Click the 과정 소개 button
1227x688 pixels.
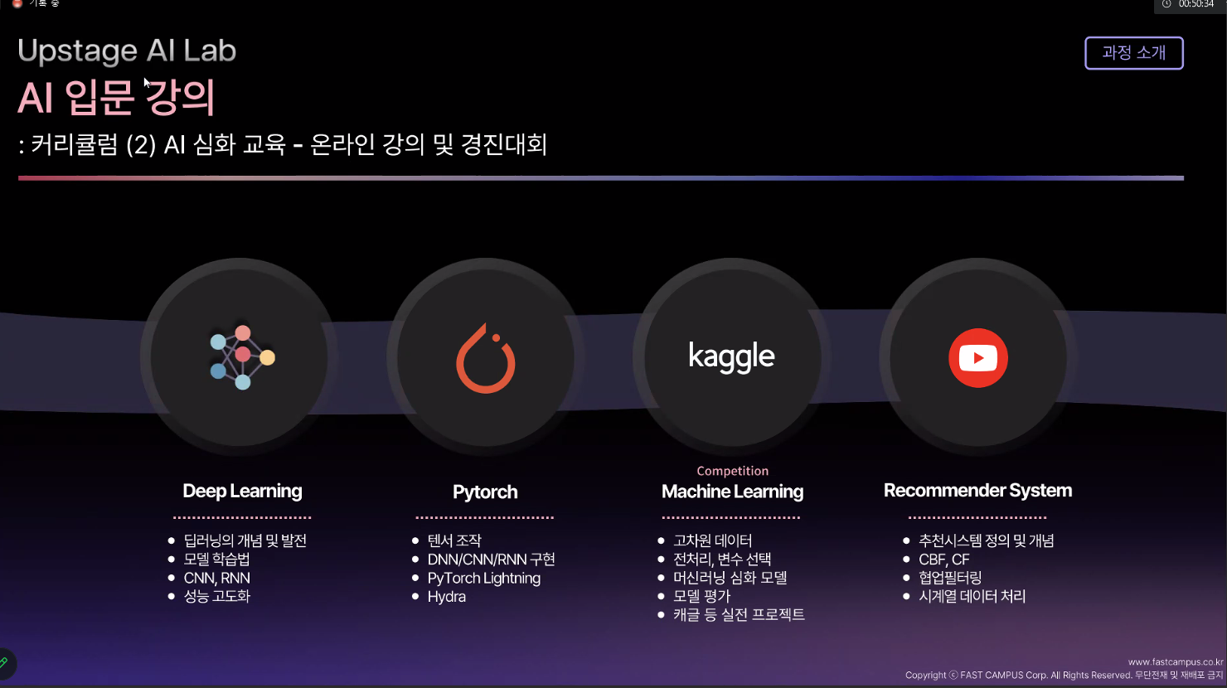point(1133,53)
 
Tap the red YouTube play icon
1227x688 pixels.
point(978,358)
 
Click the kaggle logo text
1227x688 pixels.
point(731,356)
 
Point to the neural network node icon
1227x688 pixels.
point(242,356)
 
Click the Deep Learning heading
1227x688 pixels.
point(242,491)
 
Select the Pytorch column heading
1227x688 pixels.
point(485,492)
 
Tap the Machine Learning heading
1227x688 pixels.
point(732,492)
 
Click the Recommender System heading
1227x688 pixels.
point(977,491)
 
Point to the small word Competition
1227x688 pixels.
point(732,471)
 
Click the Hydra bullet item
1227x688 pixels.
point(446,597)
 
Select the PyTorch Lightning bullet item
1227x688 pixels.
point(483,579)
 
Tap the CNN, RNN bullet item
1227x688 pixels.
point(216,579)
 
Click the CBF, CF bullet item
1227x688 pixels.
point(943,560)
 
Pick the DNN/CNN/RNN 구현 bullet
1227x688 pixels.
point(491,560)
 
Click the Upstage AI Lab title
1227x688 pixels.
point(127,51)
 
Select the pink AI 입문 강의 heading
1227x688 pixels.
point(117,98)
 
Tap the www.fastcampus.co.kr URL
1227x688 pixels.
point(1175,662)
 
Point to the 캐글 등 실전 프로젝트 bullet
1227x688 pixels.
point(738,615)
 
